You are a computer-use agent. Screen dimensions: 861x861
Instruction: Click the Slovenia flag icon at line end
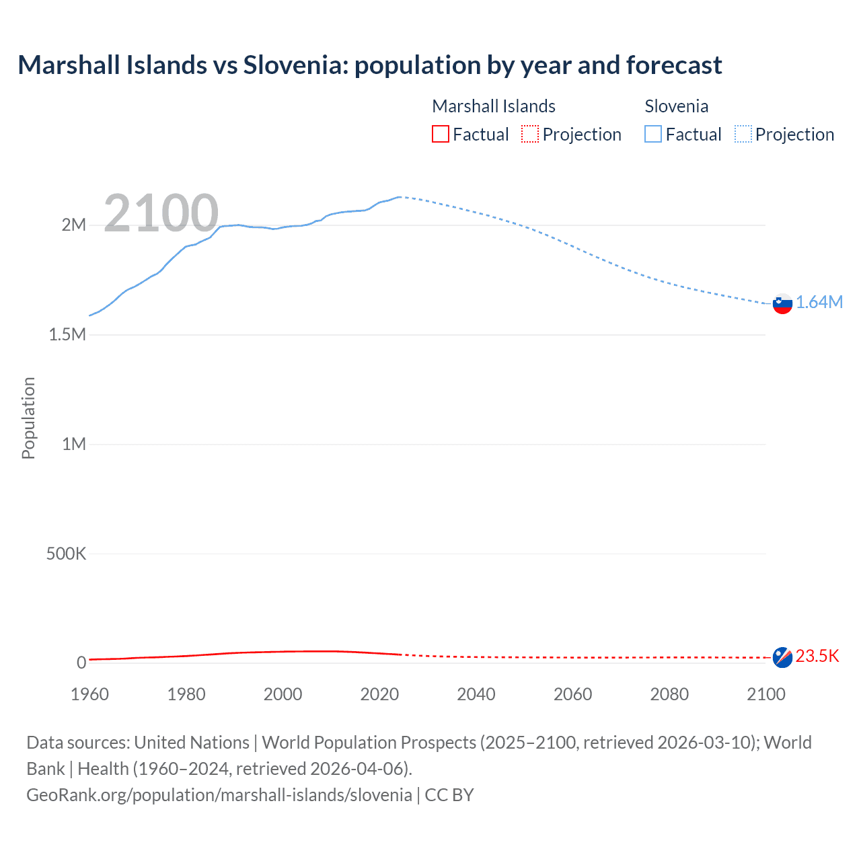[x=782, y=303]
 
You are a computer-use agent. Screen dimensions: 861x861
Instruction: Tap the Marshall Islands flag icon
[x=782, y=657]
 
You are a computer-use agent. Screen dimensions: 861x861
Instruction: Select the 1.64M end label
[x=819, y=303]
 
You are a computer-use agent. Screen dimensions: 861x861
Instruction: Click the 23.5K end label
[x=817, y=657]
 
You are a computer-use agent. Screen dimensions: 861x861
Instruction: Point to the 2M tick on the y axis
[x=74, y=225]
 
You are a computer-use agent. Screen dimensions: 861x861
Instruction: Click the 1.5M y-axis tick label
[x=67, y=334]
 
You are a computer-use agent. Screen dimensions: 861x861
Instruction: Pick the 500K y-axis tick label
[x=66, y=554]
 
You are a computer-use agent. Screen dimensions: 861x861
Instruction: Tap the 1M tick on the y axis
[x=74, y=444]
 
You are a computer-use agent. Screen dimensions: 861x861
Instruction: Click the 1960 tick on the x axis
[x=89, y=694]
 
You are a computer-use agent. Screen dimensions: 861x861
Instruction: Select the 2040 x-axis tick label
[x=476, y=694]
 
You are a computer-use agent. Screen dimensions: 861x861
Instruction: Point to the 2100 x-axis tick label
[x=766, y=694]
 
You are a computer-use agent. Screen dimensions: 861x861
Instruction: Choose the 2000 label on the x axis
[x=283, y=694]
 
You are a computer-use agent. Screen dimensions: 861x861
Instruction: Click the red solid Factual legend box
[x=441, y=135]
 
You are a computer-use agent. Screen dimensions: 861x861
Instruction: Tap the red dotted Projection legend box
[x=530, y=135]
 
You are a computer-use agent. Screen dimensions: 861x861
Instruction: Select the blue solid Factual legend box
[x=653, y=135]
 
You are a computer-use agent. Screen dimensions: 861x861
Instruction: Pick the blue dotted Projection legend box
[x=743, y=135]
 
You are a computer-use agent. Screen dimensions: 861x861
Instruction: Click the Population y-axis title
[x=28, y=418]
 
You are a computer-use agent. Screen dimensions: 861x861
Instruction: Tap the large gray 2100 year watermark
[x=161, y=213]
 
